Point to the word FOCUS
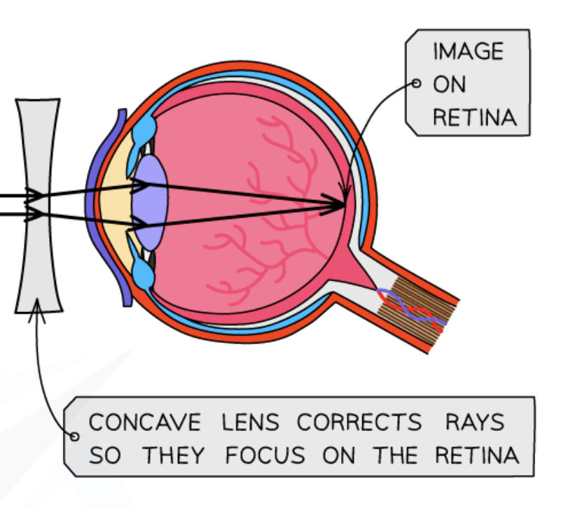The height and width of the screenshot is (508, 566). point(265,456)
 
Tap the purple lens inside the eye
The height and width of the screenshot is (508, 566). point(150,202)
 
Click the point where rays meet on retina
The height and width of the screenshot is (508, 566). point(345,204)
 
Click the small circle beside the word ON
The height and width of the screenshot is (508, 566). point(416,84)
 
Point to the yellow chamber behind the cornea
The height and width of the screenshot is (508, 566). point(114,203)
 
